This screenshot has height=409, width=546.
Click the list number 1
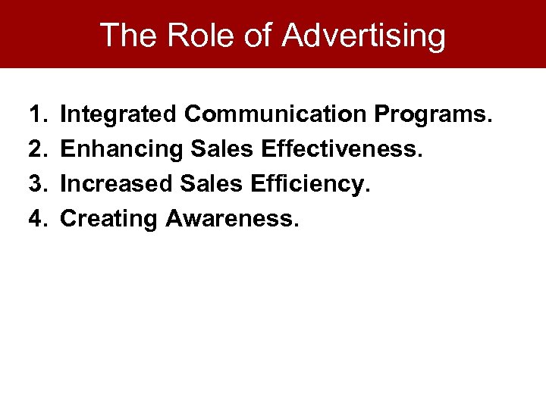[x=37, y=114]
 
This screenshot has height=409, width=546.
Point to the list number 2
[x=38, y=149]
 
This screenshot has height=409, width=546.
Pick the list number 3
[x=38, y=184]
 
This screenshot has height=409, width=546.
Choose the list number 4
[x=38, y=219]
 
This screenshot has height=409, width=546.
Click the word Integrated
[x=119, y=115]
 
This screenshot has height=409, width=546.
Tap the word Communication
[x=276, y=114]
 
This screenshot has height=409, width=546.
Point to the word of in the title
[x=259, y=35]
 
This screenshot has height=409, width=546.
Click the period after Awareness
[x=297, y=225]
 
